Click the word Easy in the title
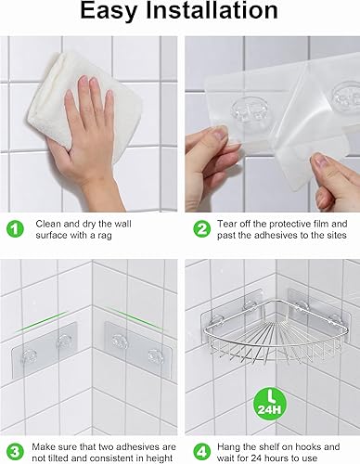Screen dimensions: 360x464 click(109, 11)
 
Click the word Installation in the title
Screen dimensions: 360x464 click(212, 10)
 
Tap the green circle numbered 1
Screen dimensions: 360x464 click(15, 229)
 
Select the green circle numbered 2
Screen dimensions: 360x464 click(201, 229)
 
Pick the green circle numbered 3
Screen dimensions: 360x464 click(15, 452)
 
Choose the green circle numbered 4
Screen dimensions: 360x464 click(201, 452)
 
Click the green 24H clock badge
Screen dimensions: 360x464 click(270, 404)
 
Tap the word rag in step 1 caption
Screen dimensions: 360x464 click(105, 236)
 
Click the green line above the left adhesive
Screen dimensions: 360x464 click(41, 322)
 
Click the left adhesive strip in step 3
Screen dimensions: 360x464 click(44, 350)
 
